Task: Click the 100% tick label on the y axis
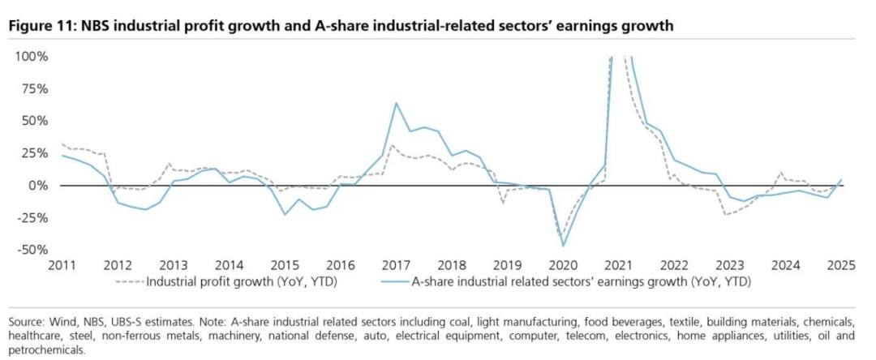[32, 57]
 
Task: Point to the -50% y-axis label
[32, 250]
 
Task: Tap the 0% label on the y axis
[39, 186]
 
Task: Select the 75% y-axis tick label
[35, 89]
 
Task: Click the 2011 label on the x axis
[62, 265]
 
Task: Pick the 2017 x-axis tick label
[396, 265]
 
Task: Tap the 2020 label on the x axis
[563, 265]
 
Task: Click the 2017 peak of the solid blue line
[396, 103]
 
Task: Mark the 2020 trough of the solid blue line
[563, 246]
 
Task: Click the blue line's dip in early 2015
[285, 215]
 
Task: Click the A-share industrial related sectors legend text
[576, 283]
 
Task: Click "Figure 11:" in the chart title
[41, 26]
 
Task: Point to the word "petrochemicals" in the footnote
[45, 349]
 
